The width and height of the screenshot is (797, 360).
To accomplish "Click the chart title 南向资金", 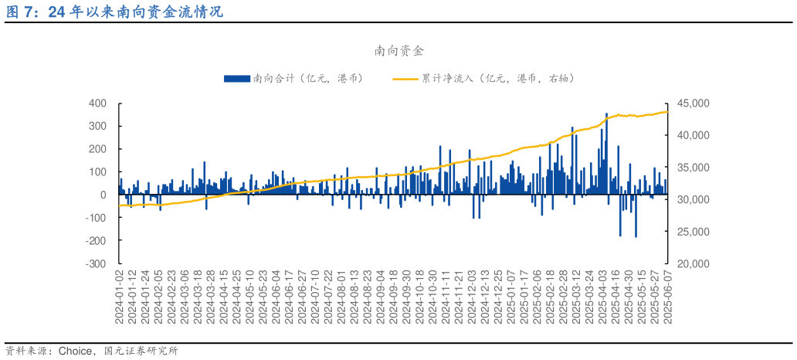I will (398, 52).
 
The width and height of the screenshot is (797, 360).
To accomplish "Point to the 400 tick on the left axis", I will (97, 104).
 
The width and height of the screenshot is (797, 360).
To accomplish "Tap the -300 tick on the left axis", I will (96, 264).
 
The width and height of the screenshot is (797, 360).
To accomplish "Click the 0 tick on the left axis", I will (103, 195).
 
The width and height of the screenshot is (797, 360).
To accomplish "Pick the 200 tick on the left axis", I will (97, 149).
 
